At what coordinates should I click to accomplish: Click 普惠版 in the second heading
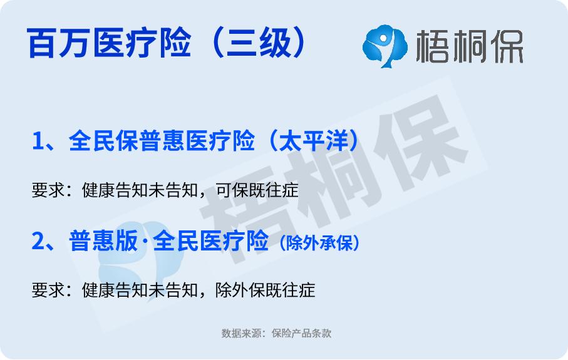pyautogui.click(x=103, y=241)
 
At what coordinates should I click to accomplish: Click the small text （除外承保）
pyautogui.click(x=319, y=243)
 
